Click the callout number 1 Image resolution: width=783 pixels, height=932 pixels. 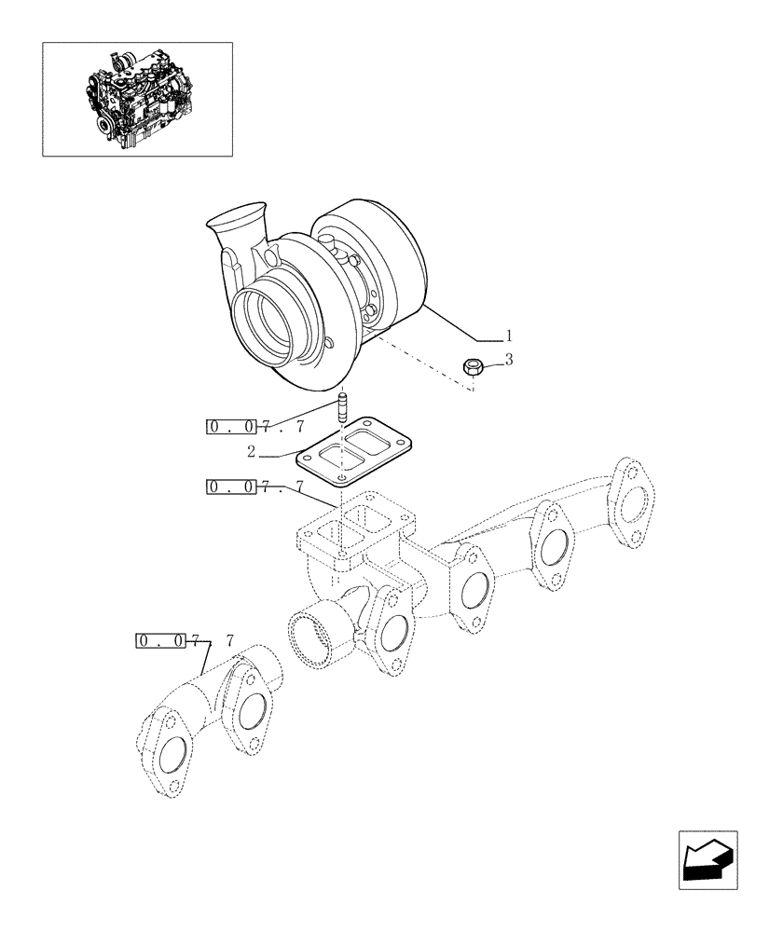tap(509, 334)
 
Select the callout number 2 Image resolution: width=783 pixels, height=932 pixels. tap(252, 452)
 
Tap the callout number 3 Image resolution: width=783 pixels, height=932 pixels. tap(509, 358)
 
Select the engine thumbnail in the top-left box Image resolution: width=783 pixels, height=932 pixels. tap(137, 99)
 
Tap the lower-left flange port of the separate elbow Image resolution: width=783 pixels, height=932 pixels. tap(169, 755)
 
